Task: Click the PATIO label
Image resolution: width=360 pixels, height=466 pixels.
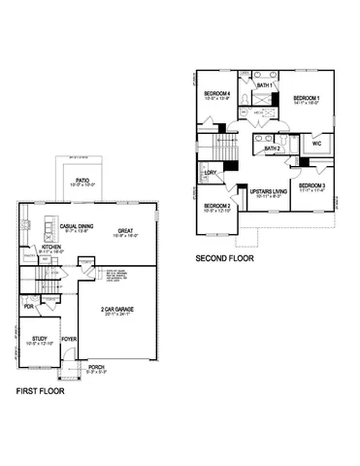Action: click(x=83, y=180)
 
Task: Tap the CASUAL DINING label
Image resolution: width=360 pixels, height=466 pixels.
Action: click(x=76, y=226)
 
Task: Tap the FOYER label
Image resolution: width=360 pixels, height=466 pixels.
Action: click(x=69, y=339)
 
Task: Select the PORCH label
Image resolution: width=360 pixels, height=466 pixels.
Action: click(x=96, y=367)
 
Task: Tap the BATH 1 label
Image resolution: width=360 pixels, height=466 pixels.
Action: click(x=262, y=86)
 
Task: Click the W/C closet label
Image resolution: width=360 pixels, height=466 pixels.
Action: click(x=316, y=145)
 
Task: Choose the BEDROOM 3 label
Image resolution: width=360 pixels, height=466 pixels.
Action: click(x=311, y=185)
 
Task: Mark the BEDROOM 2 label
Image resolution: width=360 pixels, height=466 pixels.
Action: click(x=216, y=207)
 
